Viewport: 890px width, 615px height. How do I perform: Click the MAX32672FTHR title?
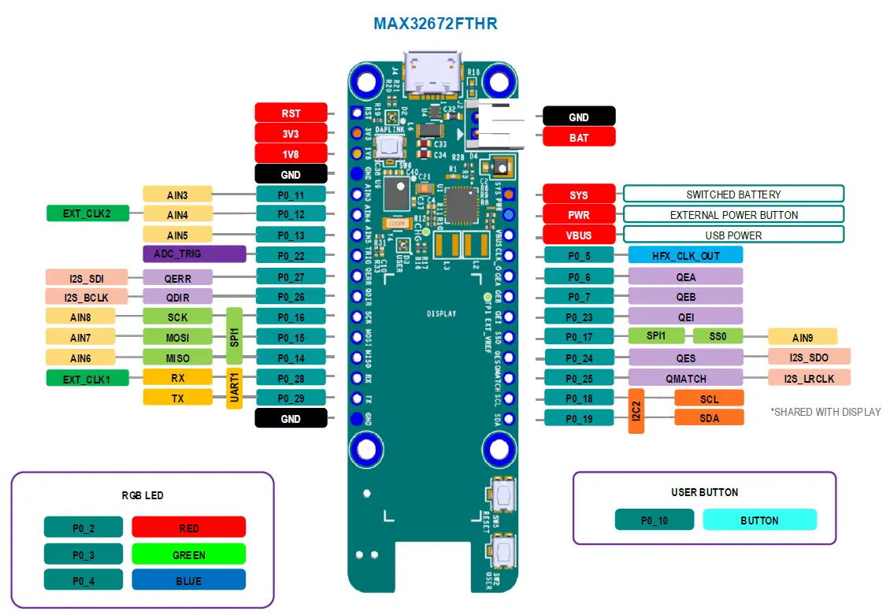tap(435, 24)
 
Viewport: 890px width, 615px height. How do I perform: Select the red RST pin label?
tap(291, 113)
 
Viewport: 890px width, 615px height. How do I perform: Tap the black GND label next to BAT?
tap(579, 117)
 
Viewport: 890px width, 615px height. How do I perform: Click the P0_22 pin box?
tap(291, 254)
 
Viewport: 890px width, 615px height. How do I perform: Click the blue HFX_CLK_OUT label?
tap(685, 255)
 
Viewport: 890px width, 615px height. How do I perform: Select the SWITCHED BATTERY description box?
tap(733, 194)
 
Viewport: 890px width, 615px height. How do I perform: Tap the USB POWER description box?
tap(733, 235)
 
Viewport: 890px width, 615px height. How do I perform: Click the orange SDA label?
tap(709, 418)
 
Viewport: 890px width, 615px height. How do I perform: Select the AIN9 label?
tap(802, 337)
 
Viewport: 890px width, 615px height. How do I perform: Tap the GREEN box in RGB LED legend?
tap(189, 554)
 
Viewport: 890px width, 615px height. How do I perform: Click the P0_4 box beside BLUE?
tap(83, 581)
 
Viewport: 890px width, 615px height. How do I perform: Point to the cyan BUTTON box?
tap(759, 520)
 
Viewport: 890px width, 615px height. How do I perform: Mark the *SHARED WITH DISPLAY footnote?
tap(825, 412)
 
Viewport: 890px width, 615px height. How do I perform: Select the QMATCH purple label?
tap(685, 378)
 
